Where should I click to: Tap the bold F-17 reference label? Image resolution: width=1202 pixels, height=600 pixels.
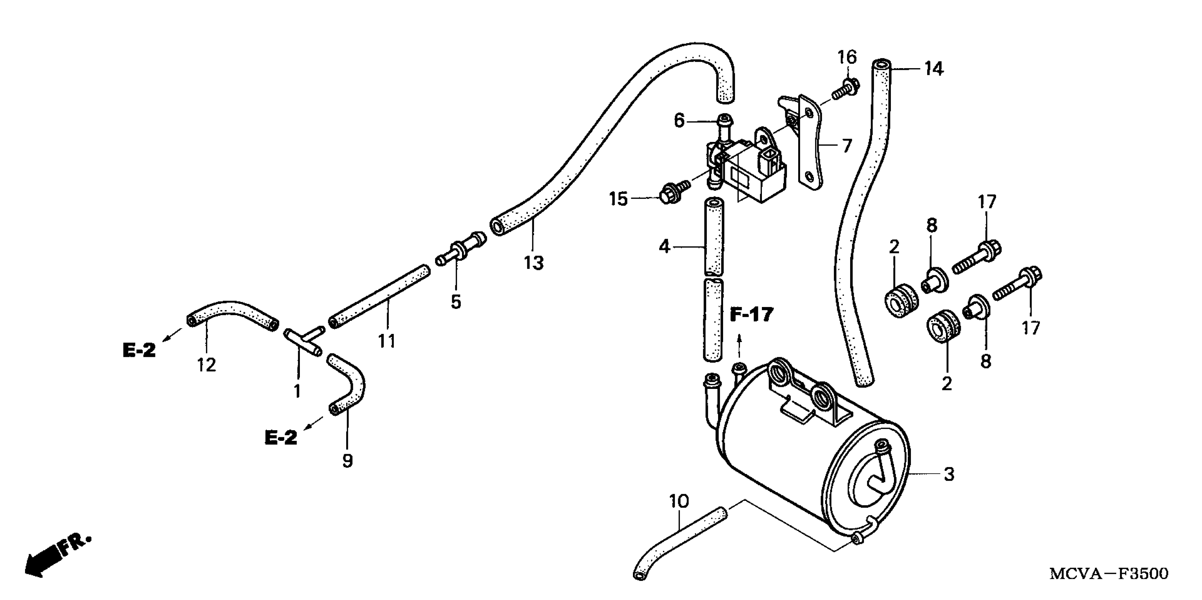coord(751,315)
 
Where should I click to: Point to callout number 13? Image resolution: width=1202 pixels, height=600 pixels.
coord(533,263)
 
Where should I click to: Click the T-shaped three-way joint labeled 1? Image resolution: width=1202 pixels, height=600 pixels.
coord(303,343)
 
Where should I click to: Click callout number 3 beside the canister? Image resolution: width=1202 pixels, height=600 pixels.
coord(949,475)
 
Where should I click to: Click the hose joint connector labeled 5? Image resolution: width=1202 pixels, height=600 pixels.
coord(460,250)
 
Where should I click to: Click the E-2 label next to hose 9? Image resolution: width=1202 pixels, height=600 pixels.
coord(281,437)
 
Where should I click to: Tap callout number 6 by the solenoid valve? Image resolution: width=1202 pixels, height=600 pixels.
coord(679,121)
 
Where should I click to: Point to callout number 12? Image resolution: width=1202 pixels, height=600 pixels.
coord(206,365)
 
